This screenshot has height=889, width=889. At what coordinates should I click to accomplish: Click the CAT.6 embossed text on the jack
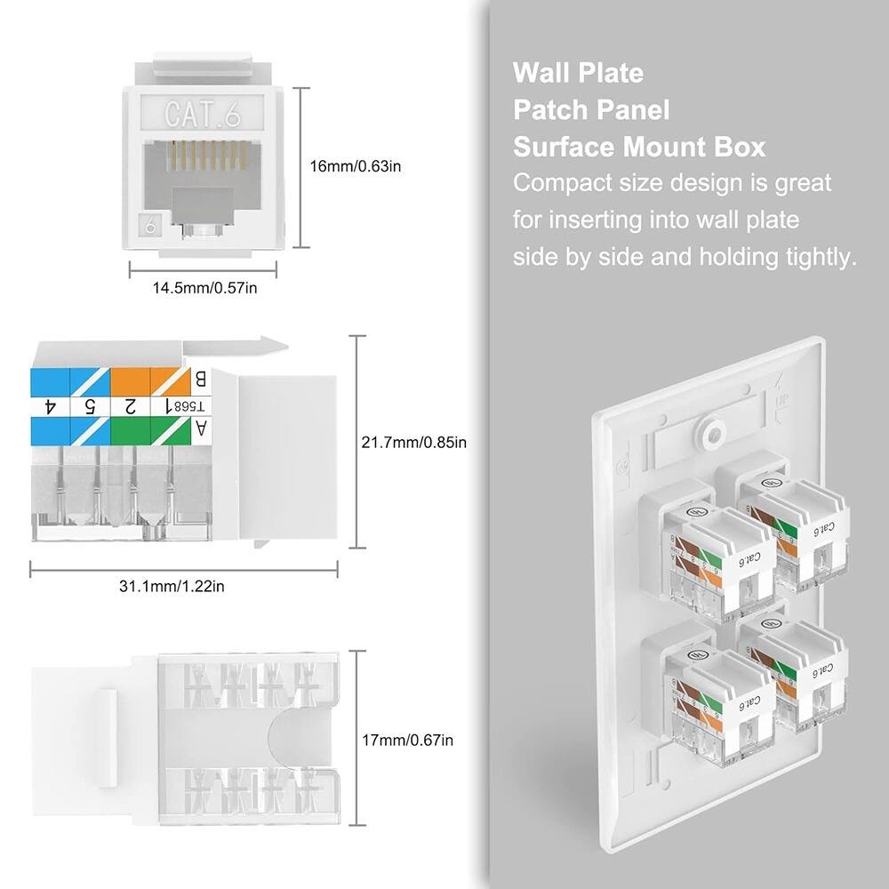coord(202,114)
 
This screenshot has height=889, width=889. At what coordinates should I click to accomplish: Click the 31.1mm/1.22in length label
coord(184,586)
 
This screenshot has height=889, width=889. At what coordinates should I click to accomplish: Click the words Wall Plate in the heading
coord(578,72)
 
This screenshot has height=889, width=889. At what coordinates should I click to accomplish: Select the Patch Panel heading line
coord(591,109)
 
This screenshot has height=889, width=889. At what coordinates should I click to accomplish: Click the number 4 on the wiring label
coord(50,406)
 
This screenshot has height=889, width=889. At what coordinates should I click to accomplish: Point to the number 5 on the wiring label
coord(90,406)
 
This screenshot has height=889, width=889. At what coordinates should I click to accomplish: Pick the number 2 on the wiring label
coord(130,406)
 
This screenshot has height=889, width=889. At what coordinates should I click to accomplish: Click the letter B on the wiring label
coord(201,380)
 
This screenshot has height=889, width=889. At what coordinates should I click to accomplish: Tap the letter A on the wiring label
coord(201,429)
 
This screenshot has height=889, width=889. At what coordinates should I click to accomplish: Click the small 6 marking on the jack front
coord(150,227)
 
